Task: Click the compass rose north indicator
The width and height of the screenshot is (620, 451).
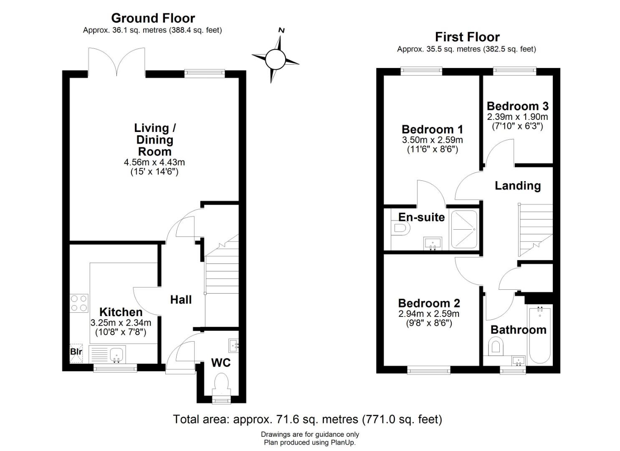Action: pos(275,58)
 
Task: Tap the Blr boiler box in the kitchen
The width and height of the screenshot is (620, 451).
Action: pos(76,352)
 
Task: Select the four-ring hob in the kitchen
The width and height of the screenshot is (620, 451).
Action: pos(79,303)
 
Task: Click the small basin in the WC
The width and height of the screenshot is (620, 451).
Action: pos(233,345)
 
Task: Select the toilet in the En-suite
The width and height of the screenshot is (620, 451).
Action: pos(400,228)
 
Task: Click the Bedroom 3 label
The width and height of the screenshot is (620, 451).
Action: pos(517,106)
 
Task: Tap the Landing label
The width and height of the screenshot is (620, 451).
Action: pos(517,186)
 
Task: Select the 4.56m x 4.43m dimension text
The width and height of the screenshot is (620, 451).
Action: pos(154,162)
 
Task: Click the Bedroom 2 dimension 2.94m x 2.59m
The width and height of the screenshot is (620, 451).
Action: pos(429,314)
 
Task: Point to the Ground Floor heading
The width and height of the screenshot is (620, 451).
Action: pos(153,18)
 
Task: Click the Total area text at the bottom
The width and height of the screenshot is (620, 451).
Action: pos(307,419)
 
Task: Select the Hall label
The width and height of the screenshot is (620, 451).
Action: pos(181,299)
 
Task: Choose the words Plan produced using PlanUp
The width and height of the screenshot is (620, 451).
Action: pos(310,443)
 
